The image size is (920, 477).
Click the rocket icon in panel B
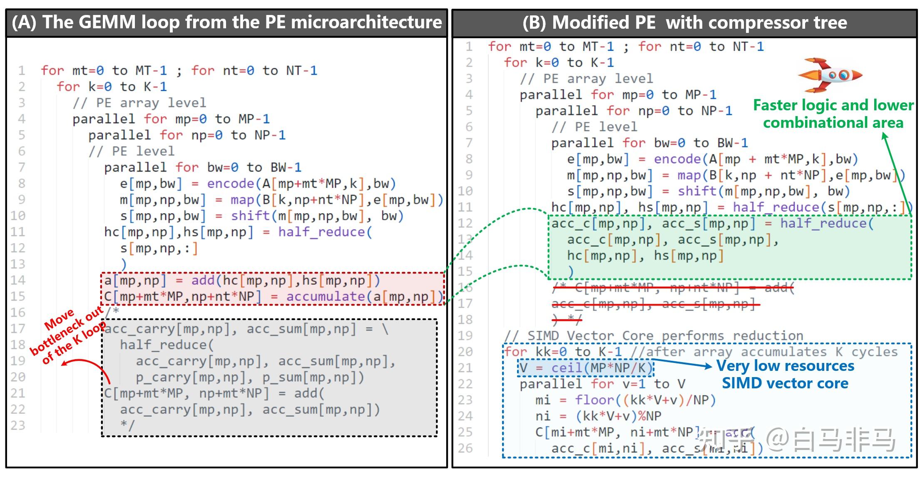pos(829,75)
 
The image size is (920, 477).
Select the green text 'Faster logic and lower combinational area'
pos(833,114)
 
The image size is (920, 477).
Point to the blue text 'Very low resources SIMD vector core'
pos(785,374)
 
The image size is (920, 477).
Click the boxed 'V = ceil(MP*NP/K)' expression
pos(585,368)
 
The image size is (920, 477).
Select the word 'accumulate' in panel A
pos(325,297)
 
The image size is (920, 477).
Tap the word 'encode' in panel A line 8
pos(230,184)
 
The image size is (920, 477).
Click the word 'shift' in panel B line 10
pos(697,191)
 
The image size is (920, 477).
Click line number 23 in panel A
pos(18,425)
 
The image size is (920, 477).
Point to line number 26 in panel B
pos(465,448)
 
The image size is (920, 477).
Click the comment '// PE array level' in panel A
pos(139,103)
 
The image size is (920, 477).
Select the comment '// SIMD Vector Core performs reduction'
pos(654,335)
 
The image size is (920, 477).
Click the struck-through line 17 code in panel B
pos(654,304)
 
